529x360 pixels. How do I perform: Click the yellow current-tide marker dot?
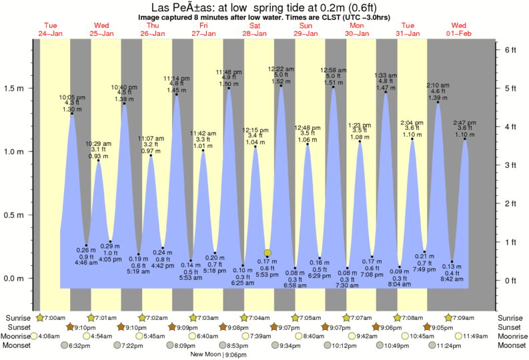pyautogui.click(x=268, y=253)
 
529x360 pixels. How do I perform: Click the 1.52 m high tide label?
pyautogui.click(x=280, y=81)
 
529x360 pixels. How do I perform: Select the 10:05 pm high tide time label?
pyautogui.click(x=73, y=97)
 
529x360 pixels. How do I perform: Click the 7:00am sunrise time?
pyautogui.click(x=56, y=317)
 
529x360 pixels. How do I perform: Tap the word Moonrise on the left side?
pyautogui.click(x=19, y=337)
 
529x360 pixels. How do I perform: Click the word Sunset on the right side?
pyautogui.click(x=510, y=327)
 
